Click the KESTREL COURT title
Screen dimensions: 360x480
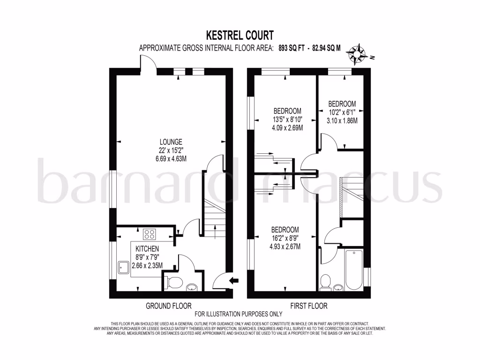240,35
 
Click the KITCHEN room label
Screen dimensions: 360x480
147,248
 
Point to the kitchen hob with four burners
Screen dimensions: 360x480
150,233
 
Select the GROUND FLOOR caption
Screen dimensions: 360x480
169,306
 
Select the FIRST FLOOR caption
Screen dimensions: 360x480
308,306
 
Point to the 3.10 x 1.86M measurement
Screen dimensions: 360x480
342,120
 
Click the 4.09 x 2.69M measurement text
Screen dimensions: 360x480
287,127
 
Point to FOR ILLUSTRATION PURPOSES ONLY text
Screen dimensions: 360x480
239,314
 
